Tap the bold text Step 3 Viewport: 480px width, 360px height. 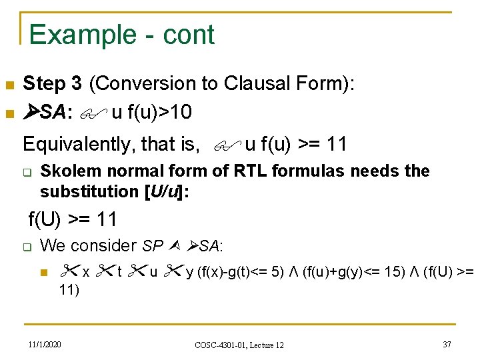point(53,84)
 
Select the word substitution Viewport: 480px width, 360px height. point(89,191)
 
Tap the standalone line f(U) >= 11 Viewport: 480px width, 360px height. point(72,219)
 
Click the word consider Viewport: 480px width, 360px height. point(104,246)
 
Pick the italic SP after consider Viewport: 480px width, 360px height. point(153,246)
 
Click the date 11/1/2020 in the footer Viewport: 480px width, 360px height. point(45,344)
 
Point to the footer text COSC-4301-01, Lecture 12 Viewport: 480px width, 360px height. point(239,345)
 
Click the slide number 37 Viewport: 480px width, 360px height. point(447,344)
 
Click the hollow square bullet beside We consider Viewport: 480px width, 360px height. point(27,247)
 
